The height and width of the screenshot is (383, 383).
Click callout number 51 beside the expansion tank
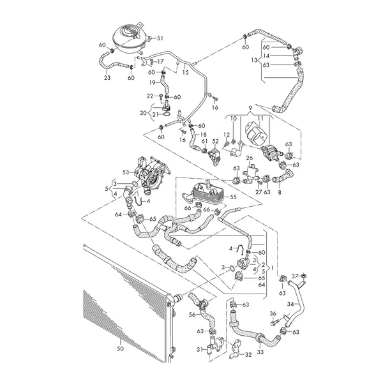point(160,38)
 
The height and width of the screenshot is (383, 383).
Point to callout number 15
point(185,73)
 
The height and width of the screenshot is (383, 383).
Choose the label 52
point(216,142)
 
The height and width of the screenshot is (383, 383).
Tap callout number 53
point(126,172)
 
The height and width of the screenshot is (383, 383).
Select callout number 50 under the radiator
point(119,349)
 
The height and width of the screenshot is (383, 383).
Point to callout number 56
point(191,314)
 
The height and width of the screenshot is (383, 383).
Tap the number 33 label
point(260,351)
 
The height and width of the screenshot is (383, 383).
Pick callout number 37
point(296,275)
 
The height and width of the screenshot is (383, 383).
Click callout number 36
point(273,313)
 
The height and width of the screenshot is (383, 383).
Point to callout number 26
point(250,158)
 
